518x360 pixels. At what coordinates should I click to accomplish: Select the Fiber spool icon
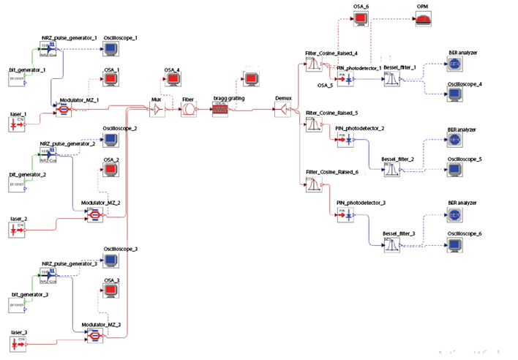189,110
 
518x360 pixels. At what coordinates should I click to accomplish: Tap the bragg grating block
221,110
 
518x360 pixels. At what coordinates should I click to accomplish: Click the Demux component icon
282,110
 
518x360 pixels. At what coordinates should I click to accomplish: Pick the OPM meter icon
423,20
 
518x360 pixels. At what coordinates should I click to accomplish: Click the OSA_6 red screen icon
361,20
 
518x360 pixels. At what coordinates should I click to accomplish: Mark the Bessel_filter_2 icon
391,169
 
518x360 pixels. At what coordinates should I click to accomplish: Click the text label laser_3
18,332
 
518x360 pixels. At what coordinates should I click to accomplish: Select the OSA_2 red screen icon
111,170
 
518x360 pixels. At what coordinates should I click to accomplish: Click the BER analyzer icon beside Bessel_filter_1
454,64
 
